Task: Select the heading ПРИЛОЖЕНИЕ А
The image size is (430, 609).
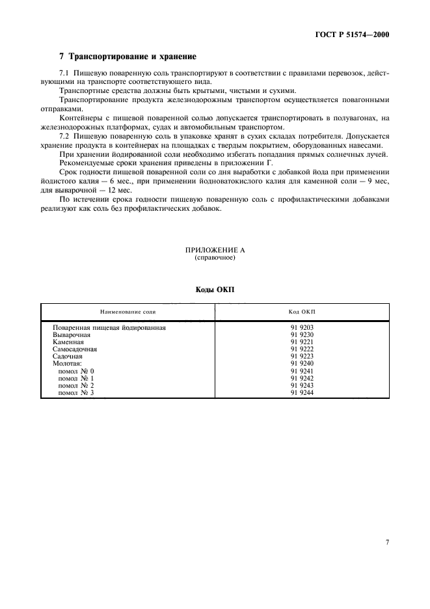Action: (215, 250)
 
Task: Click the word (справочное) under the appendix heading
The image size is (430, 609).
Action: (215, 258)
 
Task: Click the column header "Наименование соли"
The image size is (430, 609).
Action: (128, 312)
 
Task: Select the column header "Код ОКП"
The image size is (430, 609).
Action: (302, 312)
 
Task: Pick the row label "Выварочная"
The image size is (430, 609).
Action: (72, 334)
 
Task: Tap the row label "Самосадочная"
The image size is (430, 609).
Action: (75, 349)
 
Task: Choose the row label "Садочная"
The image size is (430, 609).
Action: (68, 357)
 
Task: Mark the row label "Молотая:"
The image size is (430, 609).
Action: (68, 364)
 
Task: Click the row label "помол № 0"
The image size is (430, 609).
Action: (77, 371)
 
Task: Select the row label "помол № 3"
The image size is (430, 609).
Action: (77, 393)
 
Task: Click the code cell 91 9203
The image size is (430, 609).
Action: (302, 327)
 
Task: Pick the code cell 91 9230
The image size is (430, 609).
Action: (302, 334)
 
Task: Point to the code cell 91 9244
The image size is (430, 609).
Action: (302, 393)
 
